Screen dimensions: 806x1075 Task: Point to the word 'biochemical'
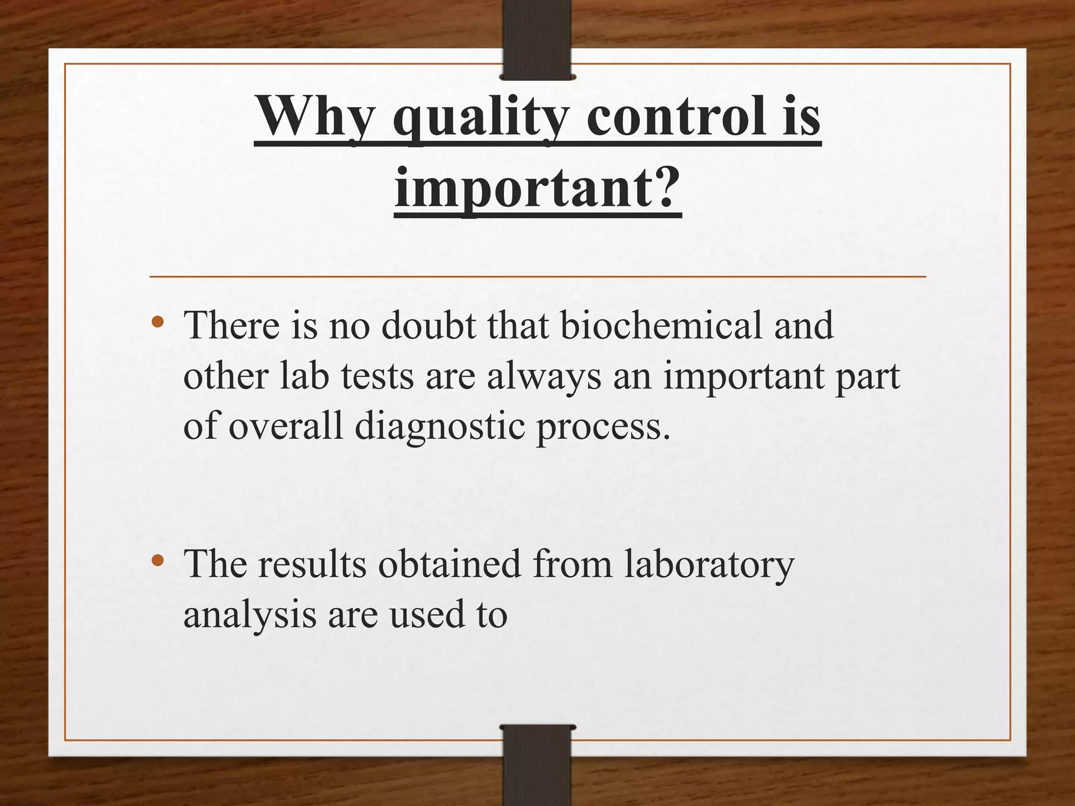[x=660, y=325]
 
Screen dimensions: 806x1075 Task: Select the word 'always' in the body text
[x=544, y=377]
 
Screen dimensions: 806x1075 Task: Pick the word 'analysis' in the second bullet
[x=249, y=615]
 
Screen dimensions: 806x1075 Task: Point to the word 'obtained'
[x=449, y=564]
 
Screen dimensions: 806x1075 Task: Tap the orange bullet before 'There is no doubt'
[x=157, y=322]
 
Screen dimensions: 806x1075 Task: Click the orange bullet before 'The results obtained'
[x=157, y=560]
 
